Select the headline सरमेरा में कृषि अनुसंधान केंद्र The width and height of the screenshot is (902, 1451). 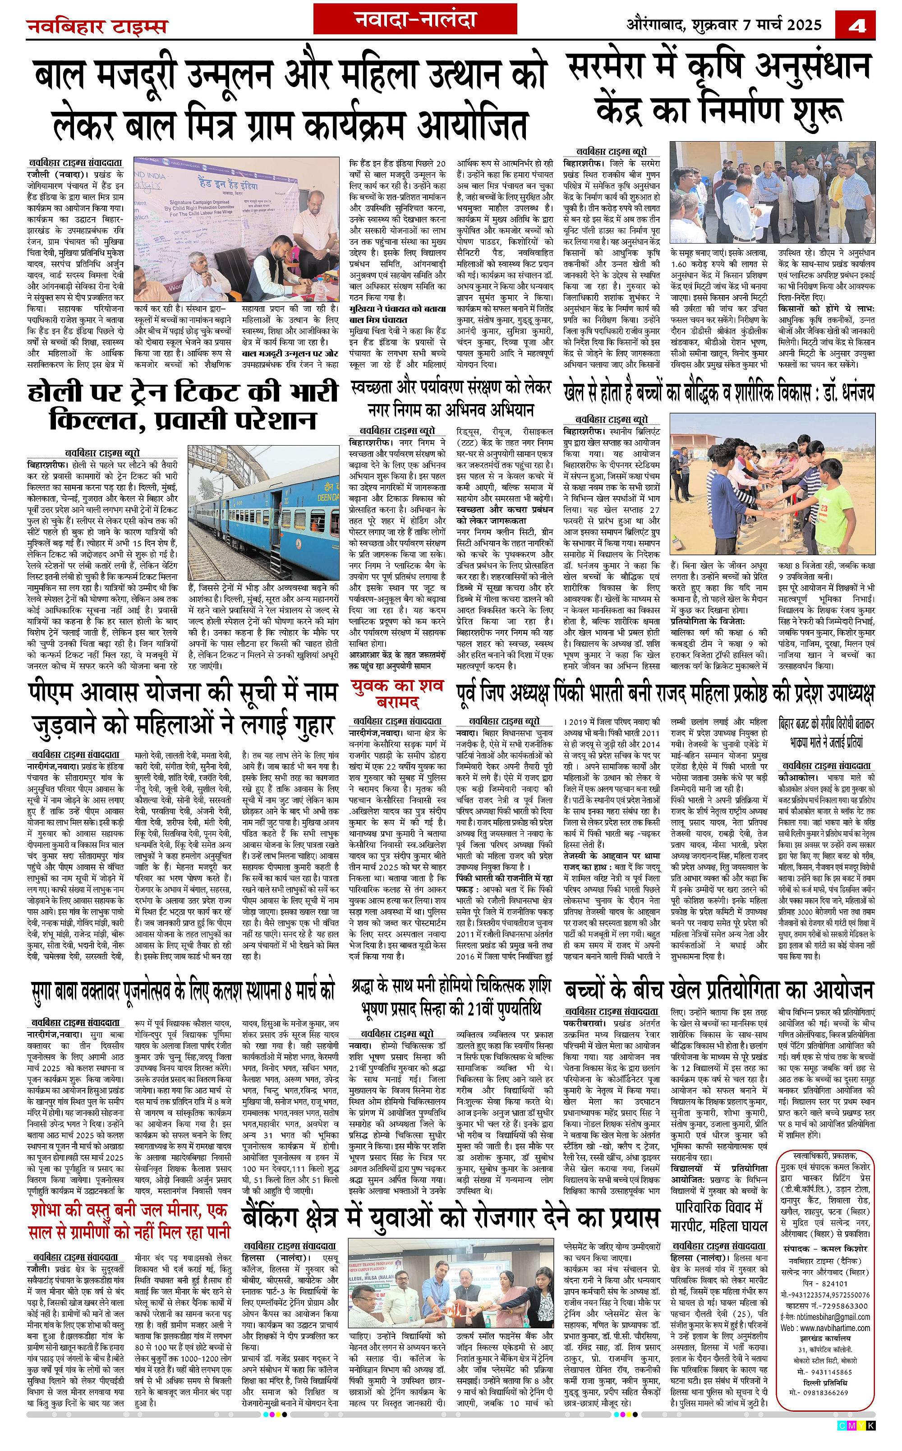[x=719, y=88]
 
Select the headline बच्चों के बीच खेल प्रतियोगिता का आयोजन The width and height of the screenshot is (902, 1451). [x=719, y=990]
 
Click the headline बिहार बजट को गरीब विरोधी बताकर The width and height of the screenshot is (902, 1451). [x=826, y=732]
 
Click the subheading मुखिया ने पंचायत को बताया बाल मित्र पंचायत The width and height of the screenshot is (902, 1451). [x=397, y=314]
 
